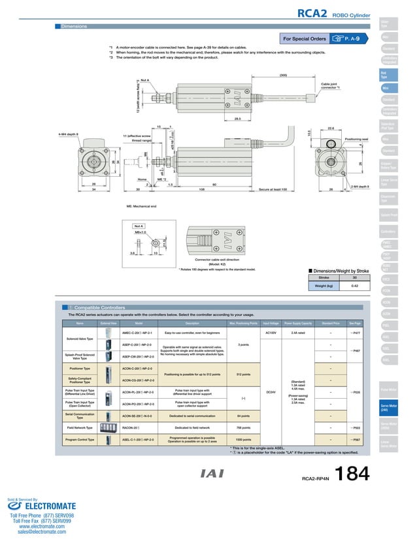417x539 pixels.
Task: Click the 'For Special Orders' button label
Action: coord(305,38)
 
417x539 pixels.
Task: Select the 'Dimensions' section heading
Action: coord(74,27)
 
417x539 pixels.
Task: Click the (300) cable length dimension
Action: coord(283,76)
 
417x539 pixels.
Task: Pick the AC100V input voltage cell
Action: coord(269,332)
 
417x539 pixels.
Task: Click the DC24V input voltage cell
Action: coord(269,392)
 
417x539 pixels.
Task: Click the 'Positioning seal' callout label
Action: coord(356,139)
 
